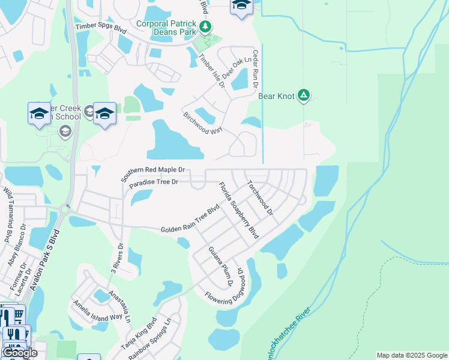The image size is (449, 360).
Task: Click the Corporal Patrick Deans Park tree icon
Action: coord(205,26)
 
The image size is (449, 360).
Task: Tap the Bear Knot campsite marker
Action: coord(304,95)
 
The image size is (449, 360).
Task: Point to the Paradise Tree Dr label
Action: coord(154,182)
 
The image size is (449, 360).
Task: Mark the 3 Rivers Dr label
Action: coord(118,256)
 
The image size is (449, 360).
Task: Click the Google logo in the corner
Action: coord(20,353)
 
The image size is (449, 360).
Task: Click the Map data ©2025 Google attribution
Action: coord(412,355)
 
